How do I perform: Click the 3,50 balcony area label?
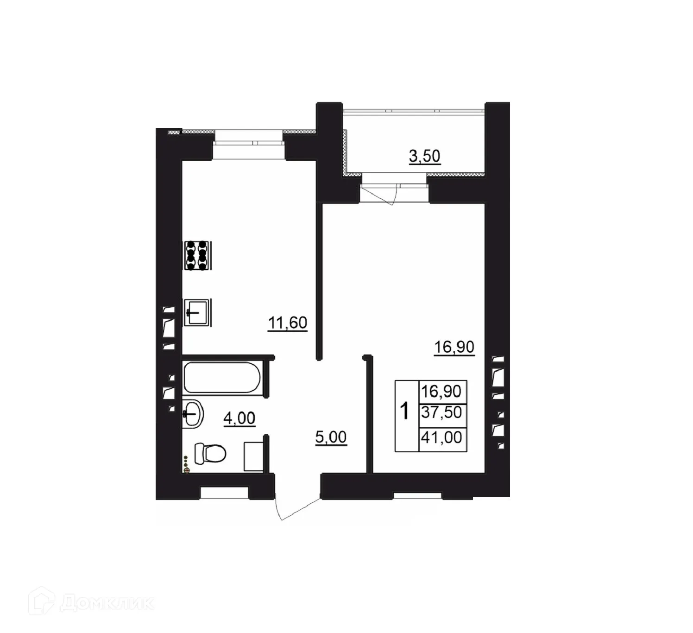click(425, 156)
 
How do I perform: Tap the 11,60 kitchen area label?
click(287, 323)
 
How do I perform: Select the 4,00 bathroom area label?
click(239, 418)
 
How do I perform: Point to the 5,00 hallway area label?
click(331, 437)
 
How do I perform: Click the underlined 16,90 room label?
click(454, 347)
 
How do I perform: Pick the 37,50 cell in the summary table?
click(442, 412)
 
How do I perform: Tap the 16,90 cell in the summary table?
click(442, 392)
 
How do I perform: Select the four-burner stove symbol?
click(197, 255)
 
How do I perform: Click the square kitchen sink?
click(197, 312)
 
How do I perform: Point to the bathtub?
click(222, 377)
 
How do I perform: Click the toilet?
click(210, 453)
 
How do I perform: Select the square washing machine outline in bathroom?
click(253, 456)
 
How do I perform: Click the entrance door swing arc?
click(296, 511)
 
